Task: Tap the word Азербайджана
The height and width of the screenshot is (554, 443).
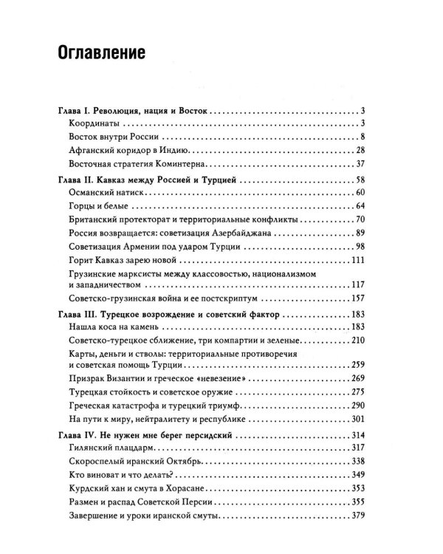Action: click(246, 233)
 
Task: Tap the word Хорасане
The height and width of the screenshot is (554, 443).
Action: click(181, 488)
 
